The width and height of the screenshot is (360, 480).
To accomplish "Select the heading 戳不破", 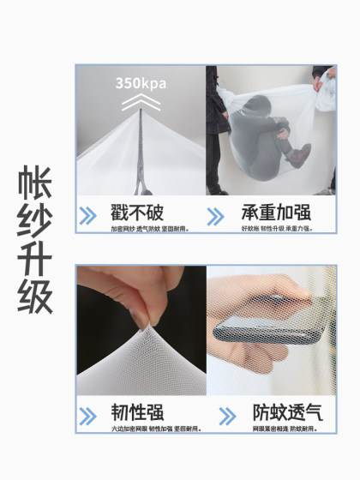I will [x=137, y=212].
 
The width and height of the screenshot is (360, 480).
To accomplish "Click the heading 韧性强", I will [x=137, y=411].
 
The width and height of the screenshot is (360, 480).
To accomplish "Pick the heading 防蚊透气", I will [x=282, y=411].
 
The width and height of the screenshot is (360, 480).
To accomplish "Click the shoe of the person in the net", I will [x=297, y=157].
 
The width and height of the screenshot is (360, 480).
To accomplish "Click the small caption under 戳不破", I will [x=142, y=229].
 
